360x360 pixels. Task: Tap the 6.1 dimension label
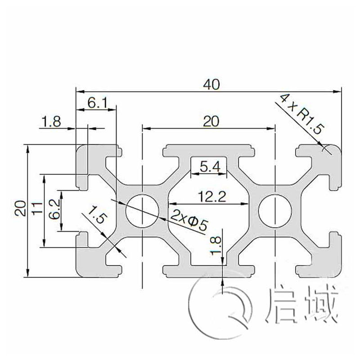97,103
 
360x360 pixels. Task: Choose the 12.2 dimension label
208,196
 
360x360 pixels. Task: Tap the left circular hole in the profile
142,211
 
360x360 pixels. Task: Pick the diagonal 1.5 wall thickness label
98,215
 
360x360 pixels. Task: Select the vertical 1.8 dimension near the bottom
216,247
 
